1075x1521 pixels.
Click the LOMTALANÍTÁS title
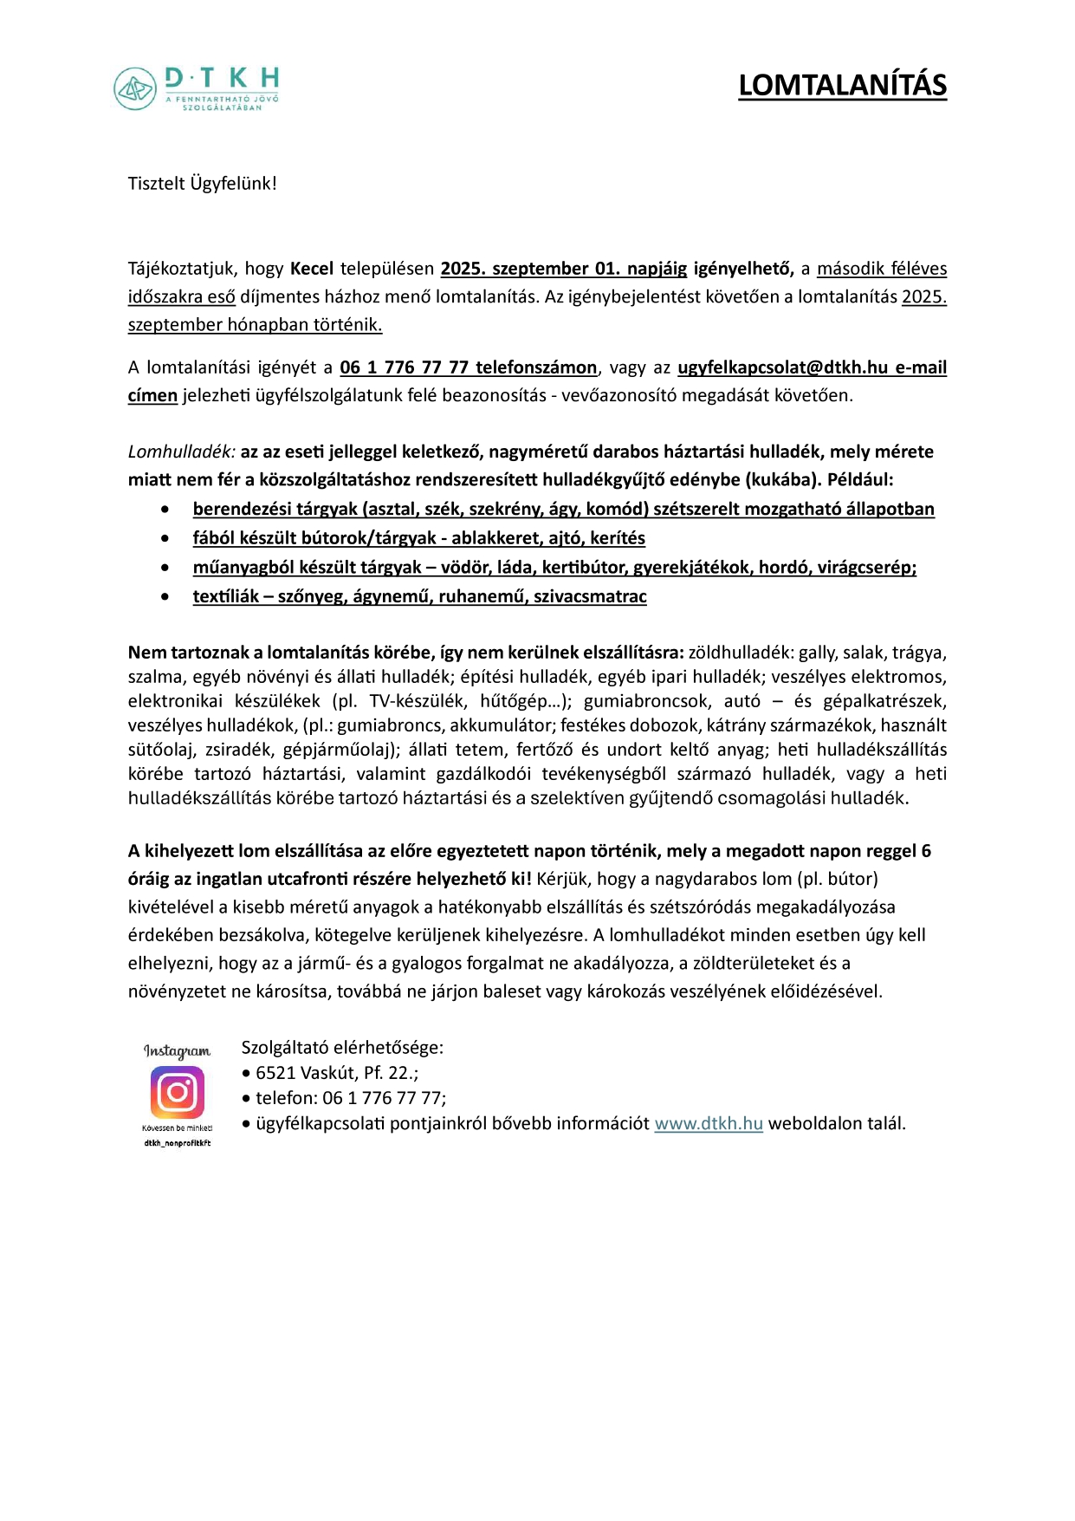[x=842, y=86]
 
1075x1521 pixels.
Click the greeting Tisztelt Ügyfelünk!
[x=203, y=184]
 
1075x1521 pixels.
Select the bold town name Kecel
[x=312, y=269]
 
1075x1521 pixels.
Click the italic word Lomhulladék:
[x=182, y=452]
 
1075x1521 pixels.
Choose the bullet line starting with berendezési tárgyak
[x=563, y=509]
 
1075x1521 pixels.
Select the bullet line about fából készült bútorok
[x=418, y=538]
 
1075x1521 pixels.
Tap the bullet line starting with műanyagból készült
[x=554, y=568]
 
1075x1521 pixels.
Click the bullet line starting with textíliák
[x=419, y=596]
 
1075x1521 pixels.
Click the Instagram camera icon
[x=178, y=1092]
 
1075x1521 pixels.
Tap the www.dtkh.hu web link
[x=709, y=1124]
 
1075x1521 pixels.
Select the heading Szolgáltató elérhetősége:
[x=342, y=1048]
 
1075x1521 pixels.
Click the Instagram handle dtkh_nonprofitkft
[x=178, y=1143]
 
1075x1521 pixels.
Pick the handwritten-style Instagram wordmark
[x=177, y=1051]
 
